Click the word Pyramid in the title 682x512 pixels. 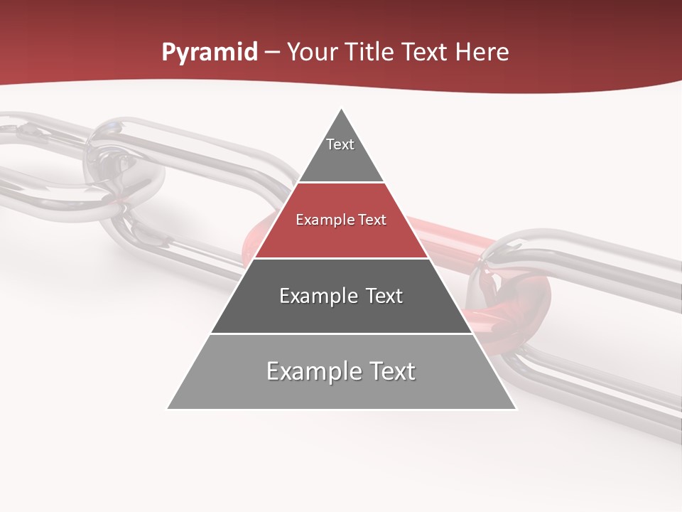point(209,53)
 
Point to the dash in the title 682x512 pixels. point(271,53)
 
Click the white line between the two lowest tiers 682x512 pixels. point(341,334)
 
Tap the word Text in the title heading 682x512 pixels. point(425,52)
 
